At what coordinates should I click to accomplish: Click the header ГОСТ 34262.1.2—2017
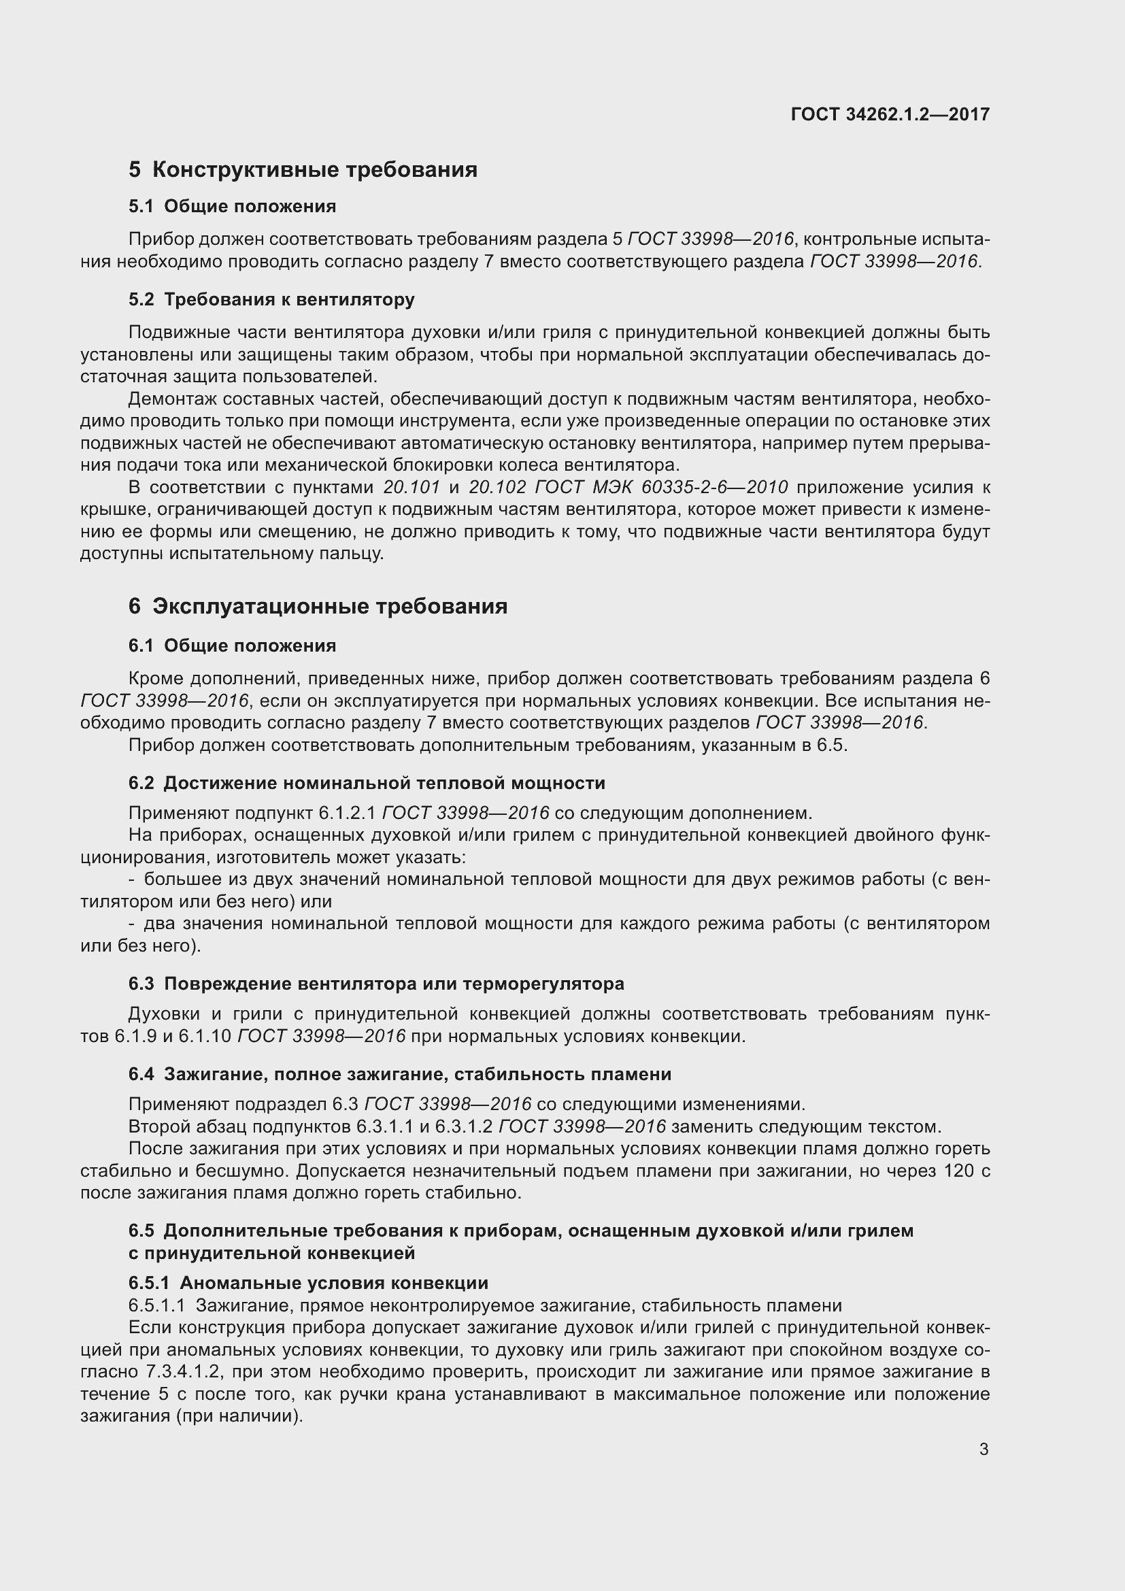click(x=890, y=114)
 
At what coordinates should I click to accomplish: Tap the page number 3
click(x=984, y=1450)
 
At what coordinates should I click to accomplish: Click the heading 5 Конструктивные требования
click(x=303, y=170)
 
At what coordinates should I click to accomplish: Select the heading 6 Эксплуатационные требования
click(x=318, y=606)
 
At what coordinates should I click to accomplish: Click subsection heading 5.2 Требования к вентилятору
click(x=271, y=299)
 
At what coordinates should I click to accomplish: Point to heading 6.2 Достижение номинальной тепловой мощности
click(x=367, y=783)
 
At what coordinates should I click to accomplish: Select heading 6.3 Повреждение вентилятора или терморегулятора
click(x=376, y=984)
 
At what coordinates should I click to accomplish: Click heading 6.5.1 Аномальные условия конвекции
click(x=308, y=1283)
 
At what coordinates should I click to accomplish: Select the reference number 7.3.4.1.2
click(x=183, y=1372)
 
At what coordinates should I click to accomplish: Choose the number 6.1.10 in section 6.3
click(x=204, y=1037)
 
